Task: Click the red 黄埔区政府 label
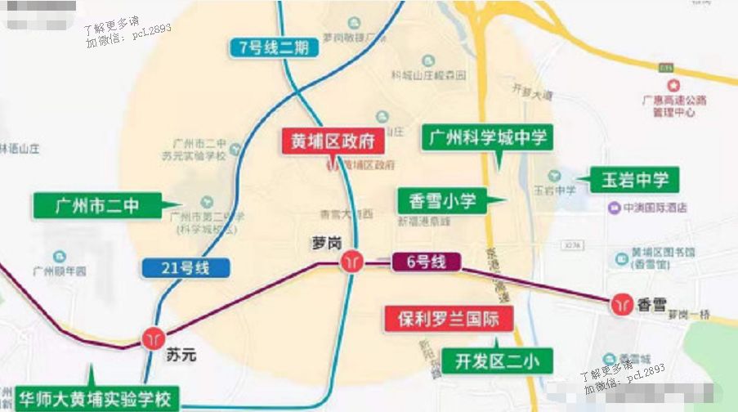coord(333,141)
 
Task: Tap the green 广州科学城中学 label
coord(487,137)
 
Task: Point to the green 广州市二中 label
coord(97,206)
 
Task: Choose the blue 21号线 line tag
coord(186,266)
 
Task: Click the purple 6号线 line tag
coord(426,262)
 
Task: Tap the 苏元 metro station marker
coord(153,337)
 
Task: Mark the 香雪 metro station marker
coord(620,304)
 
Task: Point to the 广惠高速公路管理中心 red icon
coord(673,85)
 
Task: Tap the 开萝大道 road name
coord(532,92)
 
